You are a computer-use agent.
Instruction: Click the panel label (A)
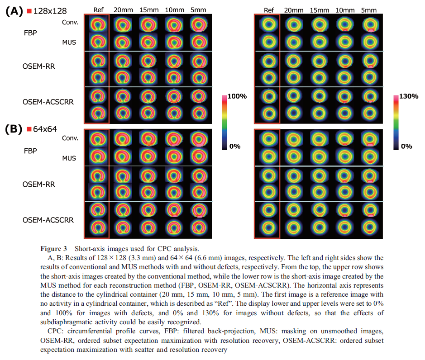(x=14, y=11)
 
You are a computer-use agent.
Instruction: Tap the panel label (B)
(x=14, y=129)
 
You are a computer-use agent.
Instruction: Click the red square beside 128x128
(x=29, y=11)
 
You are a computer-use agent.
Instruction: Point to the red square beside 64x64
(x=29, y=129)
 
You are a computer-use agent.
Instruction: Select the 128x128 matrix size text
(x=50, y=11)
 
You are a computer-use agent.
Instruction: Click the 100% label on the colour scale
(x=237, y=96)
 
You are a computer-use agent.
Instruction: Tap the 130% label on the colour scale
(x=409, y=96)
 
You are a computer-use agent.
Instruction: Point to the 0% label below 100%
(x=235, y=146)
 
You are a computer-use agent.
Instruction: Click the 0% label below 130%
(x=406, y=146)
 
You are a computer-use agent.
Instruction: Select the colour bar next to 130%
(x=396, y=123)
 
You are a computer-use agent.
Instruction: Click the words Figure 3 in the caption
(x=54, y=249)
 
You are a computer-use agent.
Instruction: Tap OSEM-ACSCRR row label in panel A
(x=48, y=102)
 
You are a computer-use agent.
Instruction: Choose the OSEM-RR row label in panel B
(x=39, y=184)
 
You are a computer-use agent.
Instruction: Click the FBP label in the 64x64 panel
(x=30, y=151)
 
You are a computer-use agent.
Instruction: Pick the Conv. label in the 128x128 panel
(x=70, y=22)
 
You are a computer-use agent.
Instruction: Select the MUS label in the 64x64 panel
(x=69, y=158)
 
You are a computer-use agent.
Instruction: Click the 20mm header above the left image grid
(x=123, y=10)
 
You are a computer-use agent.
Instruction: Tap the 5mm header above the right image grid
(x=368, y=10)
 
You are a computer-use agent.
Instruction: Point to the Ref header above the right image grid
(x=269, y=10)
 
